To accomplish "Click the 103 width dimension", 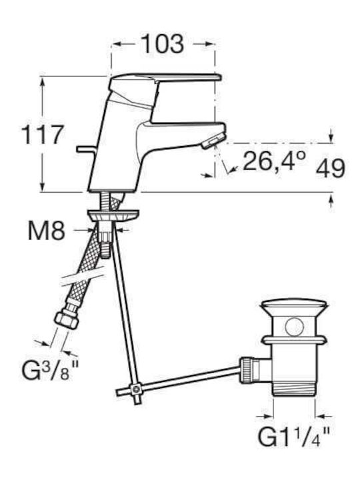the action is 163,44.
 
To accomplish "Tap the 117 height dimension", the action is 43,135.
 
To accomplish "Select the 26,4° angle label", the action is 275,161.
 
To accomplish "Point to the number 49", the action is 330,169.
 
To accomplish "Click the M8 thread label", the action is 47,231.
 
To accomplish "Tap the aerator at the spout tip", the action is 212,143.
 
